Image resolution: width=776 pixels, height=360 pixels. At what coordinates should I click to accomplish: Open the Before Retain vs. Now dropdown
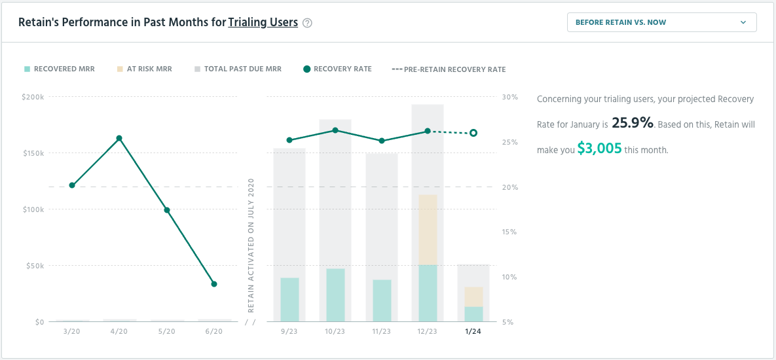pyautogui.click(x=661, y=22)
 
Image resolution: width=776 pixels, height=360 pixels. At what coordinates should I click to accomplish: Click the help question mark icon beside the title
pyautogui.click(x=308, y=23)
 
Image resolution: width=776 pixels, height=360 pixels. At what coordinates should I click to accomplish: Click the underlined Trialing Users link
pyautogui.click(x=263, y=22)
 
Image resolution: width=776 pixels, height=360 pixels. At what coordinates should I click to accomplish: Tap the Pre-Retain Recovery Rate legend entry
pyautogui.click(x=449, y=69)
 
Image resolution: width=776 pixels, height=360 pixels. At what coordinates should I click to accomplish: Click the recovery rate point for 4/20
pyautogui.click(x=119, y=138)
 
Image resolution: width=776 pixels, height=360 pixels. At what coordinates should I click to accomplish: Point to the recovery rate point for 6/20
pyautogui.click(x=214, y=284)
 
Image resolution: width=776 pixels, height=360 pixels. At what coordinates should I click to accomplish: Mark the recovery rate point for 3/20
pyautogui.click(x=72, y=185)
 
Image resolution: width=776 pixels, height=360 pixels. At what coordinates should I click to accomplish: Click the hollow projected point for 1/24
pyautogui.click(x=473, y=133)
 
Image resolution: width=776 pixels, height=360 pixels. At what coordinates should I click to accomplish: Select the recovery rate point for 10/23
pyautogui.click(x=335, y=130)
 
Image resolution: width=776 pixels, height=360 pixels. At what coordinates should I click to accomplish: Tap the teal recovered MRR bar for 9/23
pyautogui.click(x=289, y=299)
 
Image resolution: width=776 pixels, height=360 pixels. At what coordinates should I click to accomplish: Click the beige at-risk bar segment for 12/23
pyautogui.click(x=428, y=230)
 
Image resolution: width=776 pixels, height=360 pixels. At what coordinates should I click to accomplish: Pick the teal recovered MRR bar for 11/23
pyautogui.click(x=382, y=300)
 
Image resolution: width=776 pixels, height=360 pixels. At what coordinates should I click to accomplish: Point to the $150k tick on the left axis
pyautogui.click(x=33, y=153)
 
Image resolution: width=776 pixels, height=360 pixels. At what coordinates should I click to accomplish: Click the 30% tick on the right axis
pyautogui.click(x=509, y=97)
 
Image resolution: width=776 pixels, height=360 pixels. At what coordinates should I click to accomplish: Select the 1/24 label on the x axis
pyautogui.click(x=473, y=332)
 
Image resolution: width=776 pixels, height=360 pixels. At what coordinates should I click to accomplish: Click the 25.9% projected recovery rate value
pyautogui.click(x=633, y=122)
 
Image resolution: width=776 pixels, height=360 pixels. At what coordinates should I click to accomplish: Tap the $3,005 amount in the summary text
pyautogui.click(x=599, y=149)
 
